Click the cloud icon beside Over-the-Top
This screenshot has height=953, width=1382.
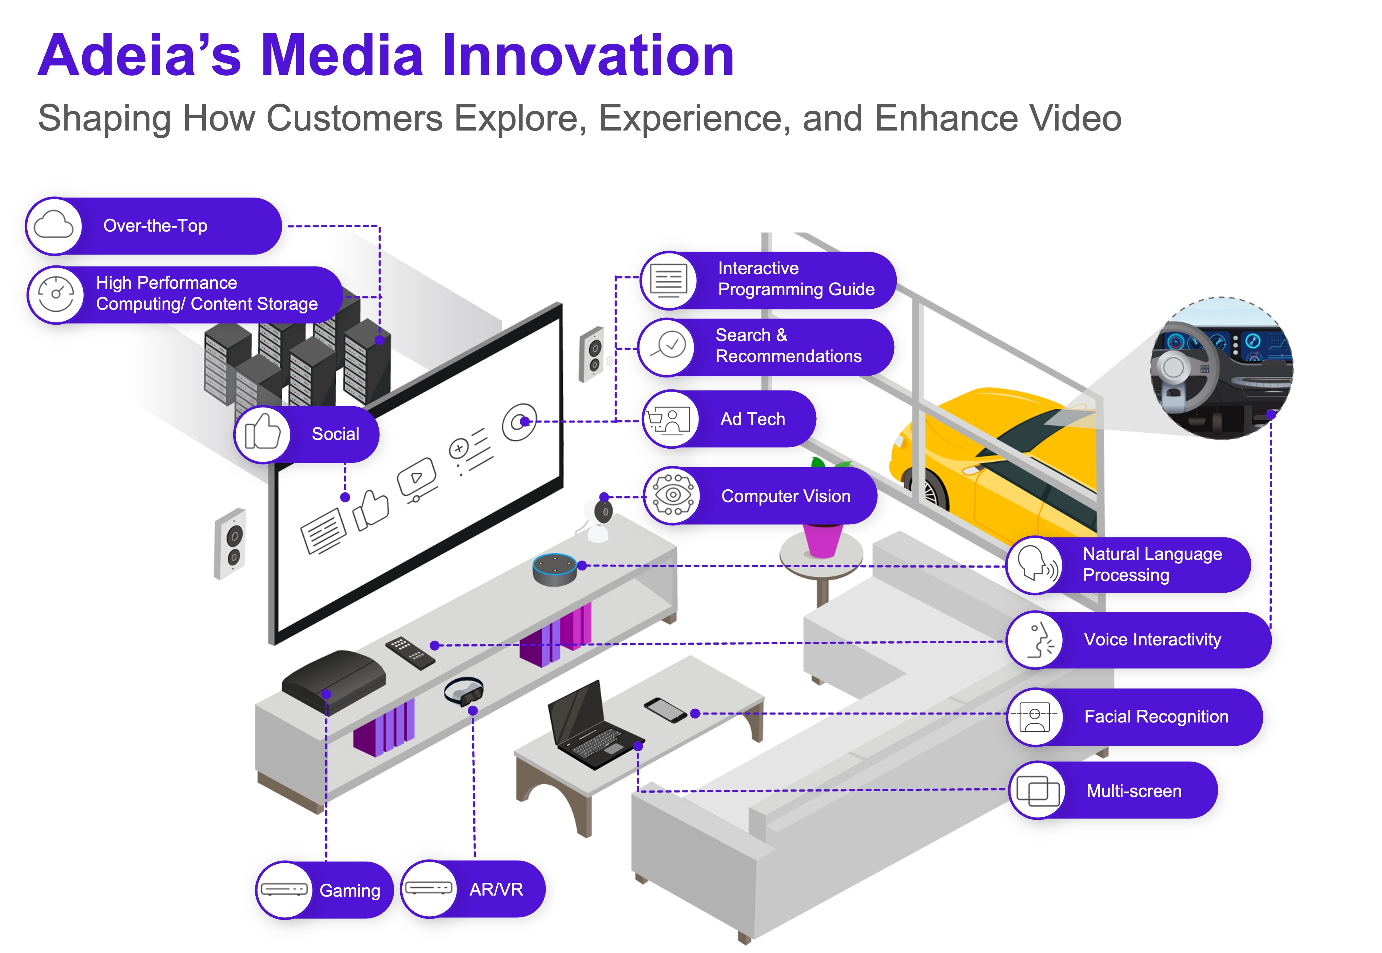tap(54, 226)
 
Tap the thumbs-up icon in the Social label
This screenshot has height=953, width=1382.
tap(262, 433)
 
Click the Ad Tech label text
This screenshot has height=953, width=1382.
tap(753, 419)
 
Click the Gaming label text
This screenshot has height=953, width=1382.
tap(350, 890)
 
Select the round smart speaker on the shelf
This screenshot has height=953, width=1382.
tap(555, 569)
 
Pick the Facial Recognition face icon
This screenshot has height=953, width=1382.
tap(1035, 717)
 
